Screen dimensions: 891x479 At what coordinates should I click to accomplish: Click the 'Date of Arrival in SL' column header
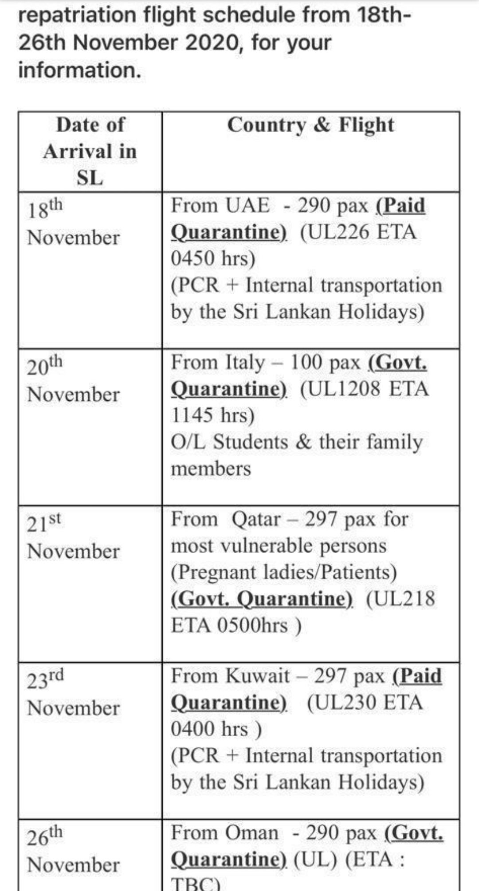point(90,151)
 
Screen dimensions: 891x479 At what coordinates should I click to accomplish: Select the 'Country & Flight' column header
point(310,125)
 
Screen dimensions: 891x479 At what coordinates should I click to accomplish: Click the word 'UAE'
point(247,206)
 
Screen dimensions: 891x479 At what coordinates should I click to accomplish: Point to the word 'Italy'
point(245,363)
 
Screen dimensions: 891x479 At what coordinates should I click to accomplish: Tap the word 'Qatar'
point(256,520)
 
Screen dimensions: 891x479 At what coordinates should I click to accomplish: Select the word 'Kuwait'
point(257,676)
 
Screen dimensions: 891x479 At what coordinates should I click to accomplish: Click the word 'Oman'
point(252,833)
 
